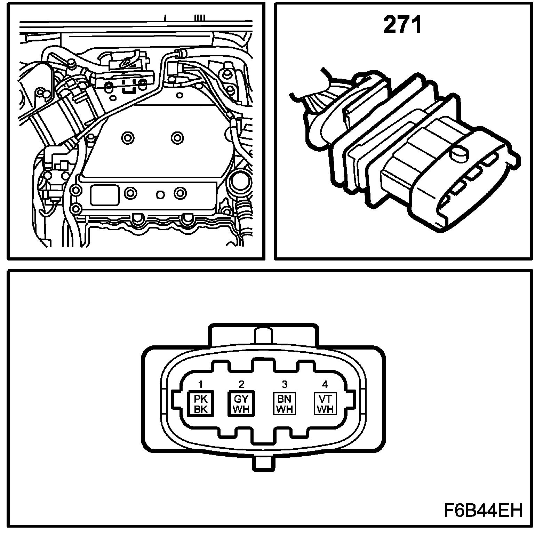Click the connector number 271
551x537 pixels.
point(402,26)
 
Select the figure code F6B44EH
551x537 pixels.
point(483,511)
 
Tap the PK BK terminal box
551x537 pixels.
point(201,404)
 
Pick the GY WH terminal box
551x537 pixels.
point(241,404)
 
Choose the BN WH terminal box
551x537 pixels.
point(284,404)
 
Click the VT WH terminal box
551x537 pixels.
point(325,404)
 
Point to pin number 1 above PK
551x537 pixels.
point(200,384)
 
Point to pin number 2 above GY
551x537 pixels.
point(241,384)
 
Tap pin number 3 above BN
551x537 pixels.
point(285,384)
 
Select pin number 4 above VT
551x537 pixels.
point(325,384)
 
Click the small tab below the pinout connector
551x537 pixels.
point(264,463)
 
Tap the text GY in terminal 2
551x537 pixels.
point(241,399)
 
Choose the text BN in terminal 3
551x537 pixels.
point(284,399)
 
